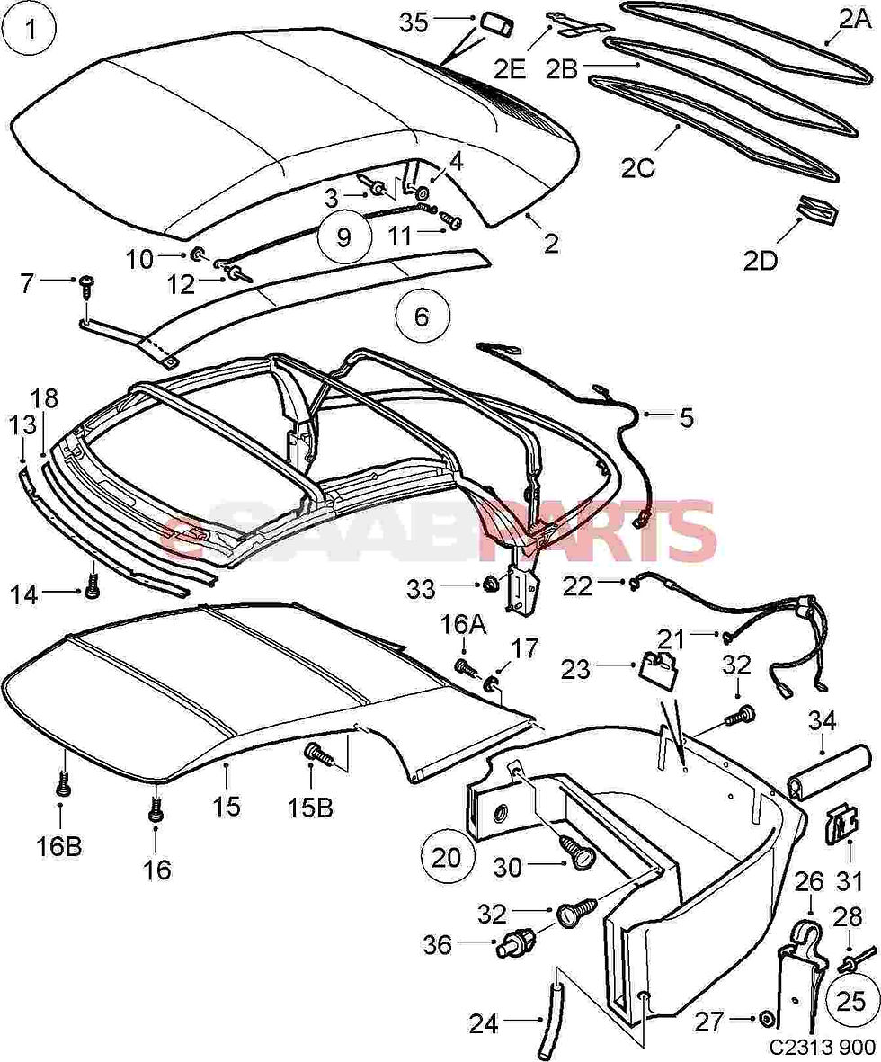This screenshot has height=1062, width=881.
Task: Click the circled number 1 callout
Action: pyautogui.click(x=30, y=31)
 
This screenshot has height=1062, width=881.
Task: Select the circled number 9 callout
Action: pyautogui.click(x=346, y=236)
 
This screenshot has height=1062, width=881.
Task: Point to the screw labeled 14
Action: pyautogui.click(x=92, y=591)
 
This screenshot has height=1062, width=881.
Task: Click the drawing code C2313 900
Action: pyautogui.click(x=822, y=1048)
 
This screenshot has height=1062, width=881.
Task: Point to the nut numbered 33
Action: pyautogui.click(x=491, y=586)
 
